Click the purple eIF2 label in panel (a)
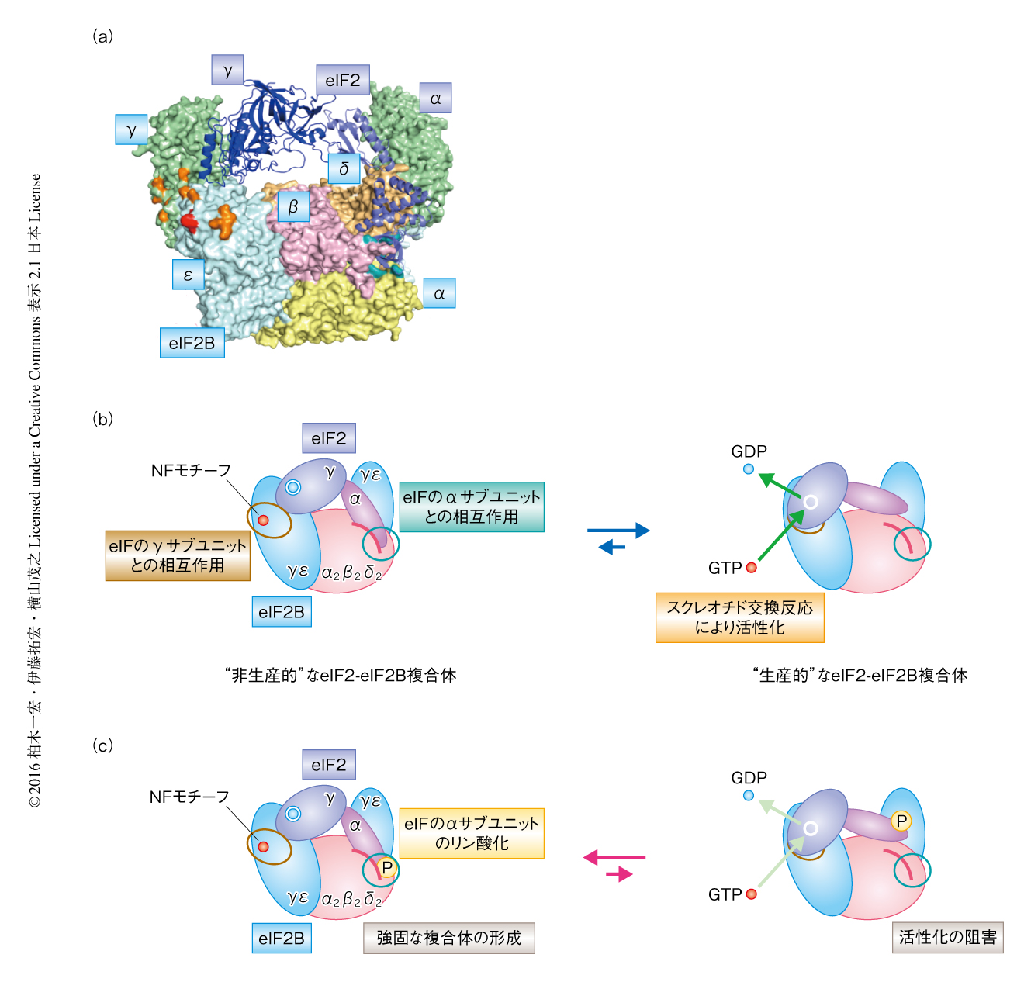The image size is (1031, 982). click(x=342, y=81)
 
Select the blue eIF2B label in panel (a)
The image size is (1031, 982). click(x=192, y=343)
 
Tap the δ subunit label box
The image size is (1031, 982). click(x=344, y=168)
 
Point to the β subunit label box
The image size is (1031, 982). click(x=292, y=207)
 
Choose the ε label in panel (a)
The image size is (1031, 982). click(x=188, y=275)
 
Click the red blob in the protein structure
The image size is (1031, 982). click(x=189, y=222)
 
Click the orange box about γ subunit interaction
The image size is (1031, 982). click(x=178, y=555)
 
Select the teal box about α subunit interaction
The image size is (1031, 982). click(x=472, y=507)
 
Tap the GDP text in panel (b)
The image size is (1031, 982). click(x=749, y=451)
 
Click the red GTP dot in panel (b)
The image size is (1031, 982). click(x=751, y=568)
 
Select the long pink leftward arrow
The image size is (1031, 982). click(x=614, y=857)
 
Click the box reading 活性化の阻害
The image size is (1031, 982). click(x=947, y=937)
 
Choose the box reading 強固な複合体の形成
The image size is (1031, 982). click(x=448, y=938)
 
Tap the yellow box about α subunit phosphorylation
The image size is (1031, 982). click(x=472, y=833)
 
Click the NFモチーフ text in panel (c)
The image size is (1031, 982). click(x=189, y=797)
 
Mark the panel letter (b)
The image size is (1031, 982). click(x=102, y=419)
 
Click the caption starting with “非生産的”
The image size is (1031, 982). click(x=340, y=676)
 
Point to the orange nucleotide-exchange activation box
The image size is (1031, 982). click(x=739, y=617)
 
